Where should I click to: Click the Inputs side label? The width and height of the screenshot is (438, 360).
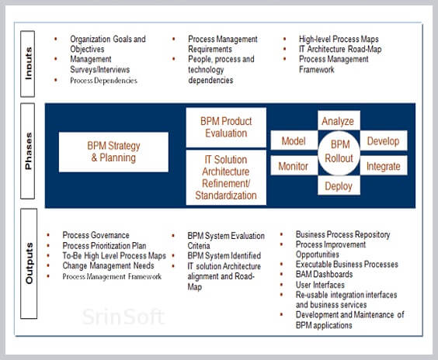(x=28, y=64)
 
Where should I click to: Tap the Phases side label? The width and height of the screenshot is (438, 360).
(x=28, y=151)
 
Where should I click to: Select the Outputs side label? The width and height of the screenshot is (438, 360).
(x=29, y=264)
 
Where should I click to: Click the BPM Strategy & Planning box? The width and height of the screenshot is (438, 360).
(x=113, y=152)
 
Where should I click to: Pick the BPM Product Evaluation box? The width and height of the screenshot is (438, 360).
(x=226, y=127)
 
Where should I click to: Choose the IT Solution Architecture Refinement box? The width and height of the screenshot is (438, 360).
(x=226, y=178)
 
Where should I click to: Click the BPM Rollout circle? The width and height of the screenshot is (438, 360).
(x=339, y=153)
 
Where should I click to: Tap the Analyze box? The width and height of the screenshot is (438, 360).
(x=339, y=120)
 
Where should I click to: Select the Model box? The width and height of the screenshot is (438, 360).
(x=294, y=140)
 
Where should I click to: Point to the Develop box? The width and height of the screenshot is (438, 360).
(x=384, y=140)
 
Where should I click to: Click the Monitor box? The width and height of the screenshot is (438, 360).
(x=294, y=165)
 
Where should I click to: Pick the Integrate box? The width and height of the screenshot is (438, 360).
(x=384, y=166)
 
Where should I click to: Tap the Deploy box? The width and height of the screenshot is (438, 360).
(x=339, y=185)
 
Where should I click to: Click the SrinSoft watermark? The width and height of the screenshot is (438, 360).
(x=123, y=317)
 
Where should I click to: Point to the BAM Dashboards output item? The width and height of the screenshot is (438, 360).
(x=324, y=275)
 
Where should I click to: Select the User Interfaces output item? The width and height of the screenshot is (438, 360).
(x=320, y=285)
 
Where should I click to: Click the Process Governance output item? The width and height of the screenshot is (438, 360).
(x=96, y=235)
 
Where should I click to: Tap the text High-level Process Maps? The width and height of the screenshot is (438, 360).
(x=339, y=39)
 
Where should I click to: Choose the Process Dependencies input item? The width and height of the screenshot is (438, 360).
(x=103, y=81)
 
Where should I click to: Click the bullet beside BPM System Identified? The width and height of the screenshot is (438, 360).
(x=173, y=255)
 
